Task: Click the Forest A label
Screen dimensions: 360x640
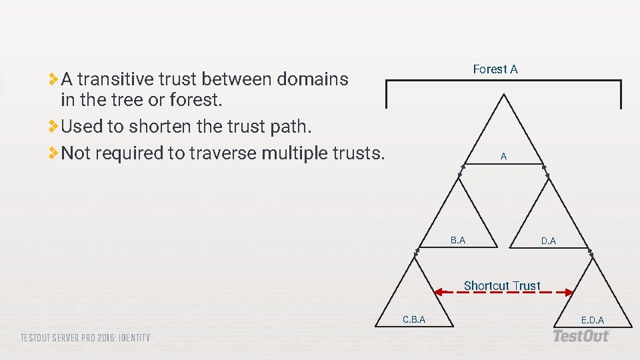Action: click(495, 69)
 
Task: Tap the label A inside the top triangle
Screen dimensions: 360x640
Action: click(503, 156)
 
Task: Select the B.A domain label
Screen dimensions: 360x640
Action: click(457, 240)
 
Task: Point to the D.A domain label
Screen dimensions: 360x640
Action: click(548, 241)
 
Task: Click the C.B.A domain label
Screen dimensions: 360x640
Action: click(413, 319)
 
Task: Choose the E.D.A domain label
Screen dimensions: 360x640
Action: click(592, 320)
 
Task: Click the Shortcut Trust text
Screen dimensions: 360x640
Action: click(502, 285)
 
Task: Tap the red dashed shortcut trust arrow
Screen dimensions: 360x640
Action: click(503, 292)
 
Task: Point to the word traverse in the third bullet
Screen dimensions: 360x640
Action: click(219, 153)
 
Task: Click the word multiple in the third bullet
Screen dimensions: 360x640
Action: click(294, 153)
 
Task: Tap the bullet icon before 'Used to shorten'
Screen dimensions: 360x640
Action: click(53, 125)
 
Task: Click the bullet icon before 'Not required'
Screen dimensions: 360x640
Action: click(53, 153)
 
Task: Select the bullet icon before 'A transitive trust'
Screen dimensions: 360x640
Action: click(53, 79)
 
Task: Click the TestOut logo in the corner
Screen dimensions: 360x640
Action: click(581, 336)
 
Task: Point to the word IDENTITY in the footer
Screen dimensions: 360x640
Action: click(133, 338)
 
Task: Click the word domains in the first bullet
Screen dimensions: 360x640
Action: click(312, 79)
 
